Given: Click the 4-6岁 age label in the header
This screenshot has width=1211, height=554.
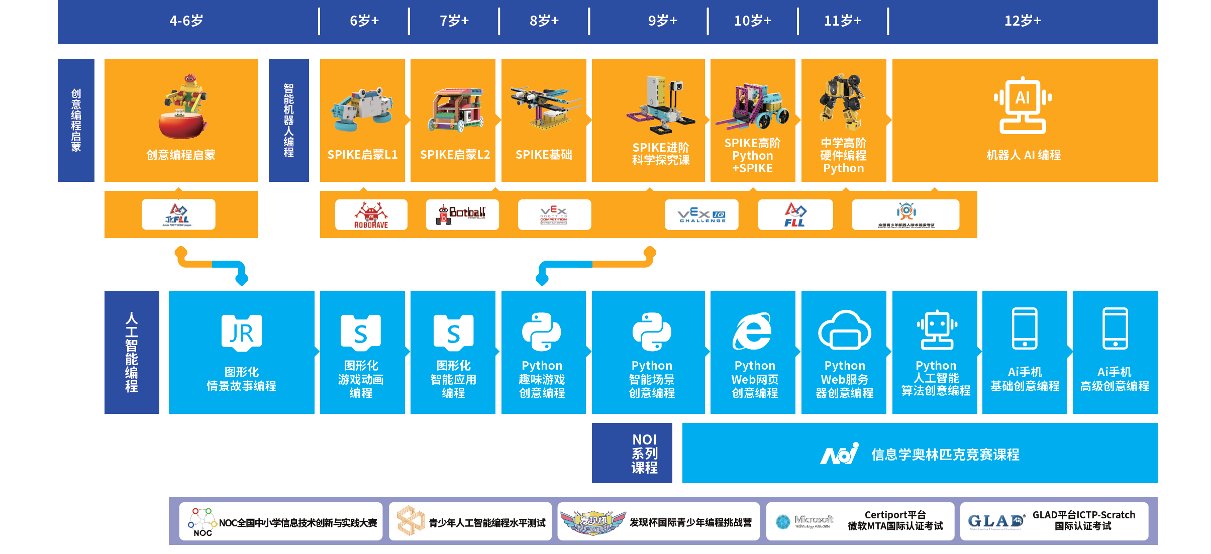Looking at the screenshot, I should coord(186,21).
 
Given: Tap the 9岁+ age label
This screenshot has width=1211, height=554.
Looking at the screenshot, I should coord(662,21).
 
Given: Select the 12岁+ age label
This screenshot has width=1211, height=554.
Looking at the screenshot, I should coord(1023,21).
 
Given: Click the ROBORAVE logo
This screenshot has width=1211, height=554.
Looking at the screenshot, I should coord(371,215).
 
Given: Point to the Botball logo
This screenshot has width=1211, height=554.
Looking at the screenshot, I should coord(462,214).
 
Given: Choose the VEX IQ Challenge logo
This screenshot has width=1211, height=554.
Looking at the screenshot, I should coord(701,215).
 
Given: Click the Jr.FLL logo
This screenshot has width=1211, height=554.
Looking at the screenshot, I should coord(178,214).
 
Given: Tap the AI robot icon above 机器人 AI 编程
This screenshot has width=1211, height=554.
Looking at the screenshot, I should coord(1023,105).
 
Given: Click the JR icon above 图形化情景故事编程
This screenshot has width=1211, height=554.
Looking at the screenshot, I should coord(242,333).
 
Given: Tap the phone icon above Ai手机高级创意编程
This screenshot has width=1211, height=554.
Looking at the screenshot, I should coord(1115,328).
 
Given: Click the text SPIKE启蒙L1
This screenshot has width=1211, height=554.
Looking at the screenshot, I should coord(362,155).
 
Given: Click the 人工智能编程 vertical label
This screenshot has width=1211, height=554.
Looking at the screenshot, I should coord(132,352).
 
